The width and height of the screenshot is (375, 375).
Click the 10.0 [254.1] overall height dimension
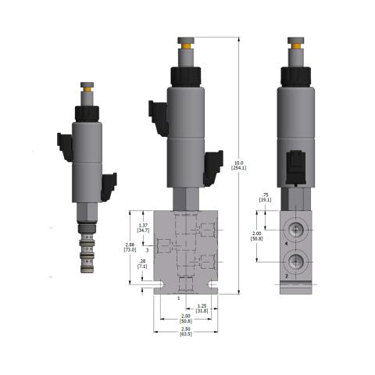pos(240,166)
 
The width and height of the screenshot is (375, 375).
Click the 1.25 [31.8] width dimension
pos(201,309)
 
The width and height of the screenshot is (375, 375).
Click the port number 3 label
pos(148,251)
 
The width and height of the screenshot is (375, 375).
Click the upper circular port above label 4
pos(298,227)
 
